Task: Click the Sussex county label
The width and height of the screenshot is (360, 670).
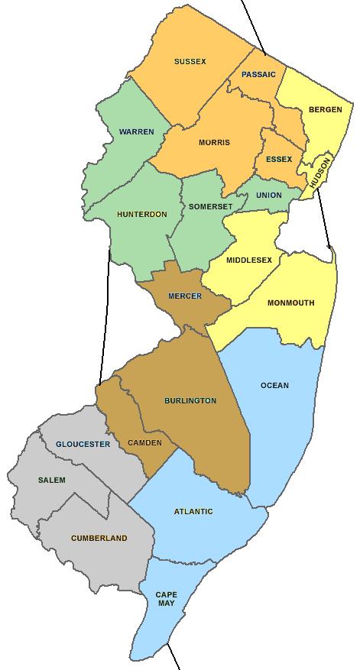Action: click(x=190, y=61)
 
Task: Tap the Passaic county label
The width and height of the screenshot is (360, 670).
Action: click(x=258, y=74)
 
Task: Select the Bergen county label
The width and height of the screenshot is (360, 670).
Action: click(x=325, y=110)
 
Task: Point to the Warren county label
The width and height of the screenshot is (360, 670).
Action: click(x=136, y=131)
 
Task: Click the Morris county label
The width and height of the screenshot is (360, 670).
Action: click(x=214, y=142)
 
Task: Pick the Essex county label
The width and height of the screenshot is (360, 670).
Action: click(x=279, y=159)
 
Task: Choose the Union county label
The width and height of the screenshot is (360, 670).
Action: click(x=268, y=195)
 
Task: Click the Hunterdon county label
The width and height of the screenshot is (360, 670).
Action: click(x=141, y=214)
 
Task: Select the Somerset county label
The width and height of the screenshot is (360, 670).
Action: click(x=206, y=207)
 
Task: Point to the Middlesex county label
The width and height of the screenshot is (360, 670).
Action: click(x=249, y=260)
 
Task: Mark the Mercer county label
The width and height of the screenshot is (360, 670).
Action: click(x=185, y=296)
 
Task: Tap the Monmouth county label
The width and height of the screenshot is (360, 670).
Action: click(x=290, y=303)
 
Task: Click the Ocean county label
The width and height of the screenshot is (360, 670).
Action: click(x=274, y=385)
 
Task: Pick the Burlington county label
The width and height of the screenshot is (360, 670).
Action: click(x=190, y=400)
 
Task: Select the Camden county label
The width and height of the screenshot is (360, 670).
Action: click(x=145, y=442)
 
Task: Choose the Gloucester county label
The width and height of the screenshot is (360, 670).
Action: click(x=83, y=444)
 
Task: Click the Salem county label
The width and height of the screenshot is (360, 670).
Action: click(x=52, y=480)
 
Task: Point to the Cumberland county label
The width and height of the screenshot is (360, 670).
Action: click(x=99, y=538)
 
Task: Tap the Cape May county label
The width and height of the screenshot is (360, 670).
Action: click(x=166, y=598)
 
